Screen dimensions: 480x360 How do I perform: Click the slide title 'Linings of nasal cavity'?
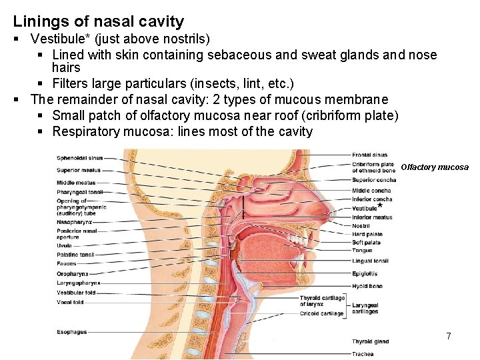point(99,22)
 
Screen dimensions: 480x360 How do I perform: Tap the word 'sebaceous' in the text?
point(237,55)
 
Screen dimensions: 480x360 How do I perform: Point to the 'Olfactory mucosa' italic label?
point(435,167)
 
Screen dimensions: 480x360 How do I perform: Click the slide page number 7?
point(449,337)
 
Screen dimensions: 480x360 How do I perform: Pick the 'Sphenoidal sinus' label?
point(79,158)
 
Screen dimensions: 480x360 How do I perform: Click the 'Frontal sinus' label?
point(370,155)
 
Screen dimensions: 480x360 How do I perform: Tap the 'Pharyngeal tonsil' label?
point(79,192)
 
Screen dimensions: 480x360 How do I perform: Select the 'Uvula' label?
point(64,245)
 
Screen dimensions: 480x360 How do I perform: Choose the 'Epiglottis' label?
point(365,273)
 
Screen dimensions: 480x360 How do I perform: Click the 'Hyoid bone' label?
point(367,286)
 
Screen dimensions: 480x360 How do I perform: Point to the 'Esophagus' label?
point(71,331)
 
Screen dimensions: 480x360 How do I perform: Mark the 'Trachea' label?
point(363,353)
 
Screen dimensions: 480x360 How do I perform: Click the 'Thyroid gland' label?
point(370,342)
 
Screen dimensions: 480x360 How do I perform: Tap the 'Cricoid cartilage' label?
point(321,313)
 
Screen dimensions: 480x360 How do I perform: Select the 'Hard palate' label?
point(367,234)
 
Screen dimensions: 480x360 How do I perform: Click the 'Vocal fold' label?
point(70,302)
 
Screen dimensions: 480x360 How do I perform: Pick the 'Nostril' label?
point(361,226)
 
